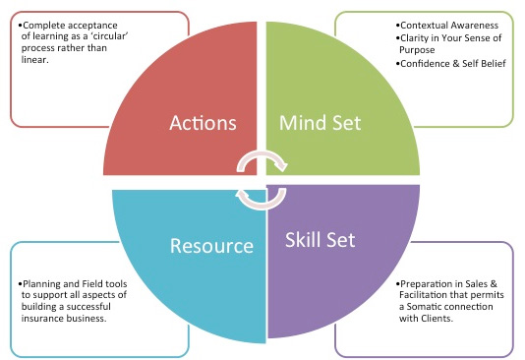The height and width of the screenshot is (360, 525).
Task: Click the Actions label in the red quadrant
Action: (x=203, y=123)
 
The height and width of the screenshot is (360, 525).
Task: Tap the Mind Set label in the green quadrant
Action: (x=321, y=123)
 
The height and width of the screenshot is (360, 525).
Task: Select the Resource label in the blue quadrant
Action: (x=211, y=246)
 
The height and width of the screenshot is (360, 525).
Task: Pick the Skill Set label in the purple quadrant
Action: (x=321, y=240)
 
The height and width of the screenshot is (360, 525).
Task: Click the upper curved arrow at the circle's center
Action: (x=262, y=154)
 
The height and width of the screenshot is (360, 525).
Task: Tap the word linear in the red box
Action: (x=33, y=60)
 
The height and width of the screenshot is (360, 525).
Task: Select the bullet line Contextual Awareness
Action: (x=447, y=26)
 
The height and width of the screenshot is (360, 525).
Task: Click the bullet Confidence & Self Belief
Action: (x=450, y=64)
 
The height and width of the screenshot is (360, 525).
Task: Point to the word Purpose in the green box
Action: (x=417, y=50)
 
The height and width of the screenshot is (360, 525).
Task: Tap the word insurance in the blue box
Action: (x=41, y=318)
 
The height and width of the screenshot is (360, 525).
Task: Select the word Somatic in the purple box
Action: (x=423, y=307)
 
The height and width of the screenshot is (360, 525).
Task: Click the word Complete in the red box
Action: (x=43, y=26)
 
